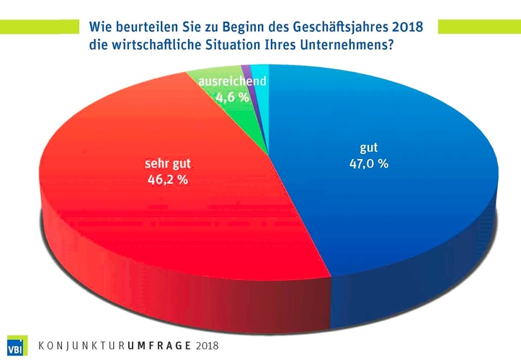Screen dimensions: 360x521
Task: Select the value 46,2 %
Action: (165, 180)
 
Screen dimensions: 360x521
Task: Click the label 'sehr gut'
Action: (165, 165)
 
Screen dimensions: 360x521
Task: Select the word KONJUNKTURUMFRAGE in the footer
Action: (116, 345)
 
